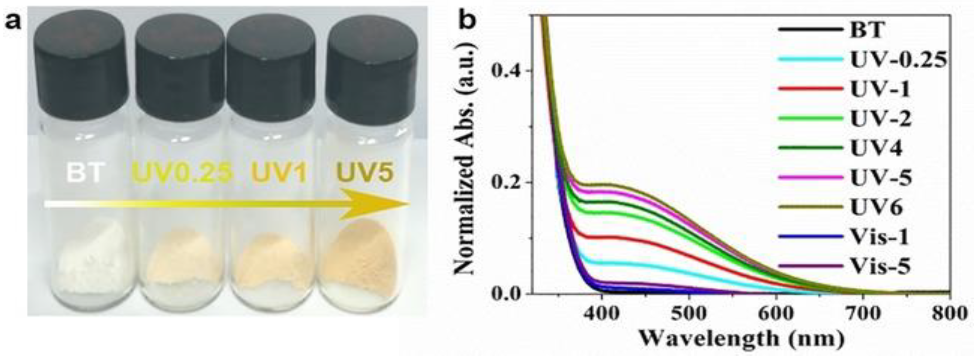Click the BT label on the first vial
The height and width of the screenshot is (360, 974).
[84, 172]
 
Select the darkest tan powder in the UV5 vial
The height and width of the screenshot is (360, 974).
[363, 257]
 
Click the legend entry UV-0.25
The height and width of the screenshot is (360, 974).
[898, 60]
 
